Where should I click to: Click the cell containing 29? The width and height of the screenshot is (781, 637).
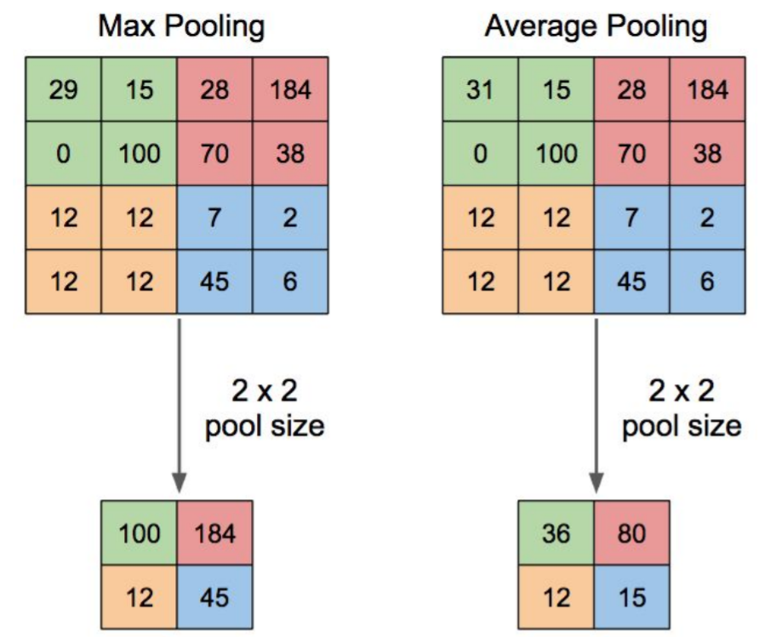click(63, 89)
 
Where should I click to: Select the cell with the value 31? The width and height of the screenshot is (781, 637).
click(480, 89)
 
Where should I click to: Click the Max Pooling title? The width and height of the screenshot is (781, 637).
click(181, 26)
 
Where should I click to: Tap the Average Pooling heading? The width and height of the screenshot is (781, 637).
click(596, 26)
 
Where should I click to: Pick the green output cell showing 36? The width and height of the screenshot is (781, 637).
click(556, 533)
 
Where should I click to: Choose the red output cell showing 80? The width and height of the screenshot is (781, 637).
click(631, 533)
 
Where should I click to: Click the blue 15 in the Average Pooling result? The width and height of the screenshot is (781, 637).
click(631, 597)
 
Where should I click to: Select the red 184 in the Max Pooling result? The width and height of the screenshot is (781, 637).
click(214, 533)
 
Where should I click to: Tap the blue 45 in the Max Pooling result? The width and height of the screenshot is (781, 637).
click(214, 597)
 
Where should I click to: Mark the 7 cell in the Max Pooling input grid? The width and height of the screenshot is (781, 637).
click(214, 218)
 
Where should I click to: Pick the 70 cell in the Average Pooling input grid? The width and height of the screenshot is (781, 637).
click(631, 153)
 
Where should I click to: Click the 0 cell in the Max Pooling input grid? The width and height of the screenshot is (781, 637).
click(63, 153)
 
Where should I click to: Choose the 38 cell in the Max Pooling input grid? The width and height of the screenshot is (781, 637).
click(291, 153)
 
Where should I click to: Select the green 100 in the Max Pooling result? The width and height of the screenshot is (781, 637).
click(140, 533)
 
